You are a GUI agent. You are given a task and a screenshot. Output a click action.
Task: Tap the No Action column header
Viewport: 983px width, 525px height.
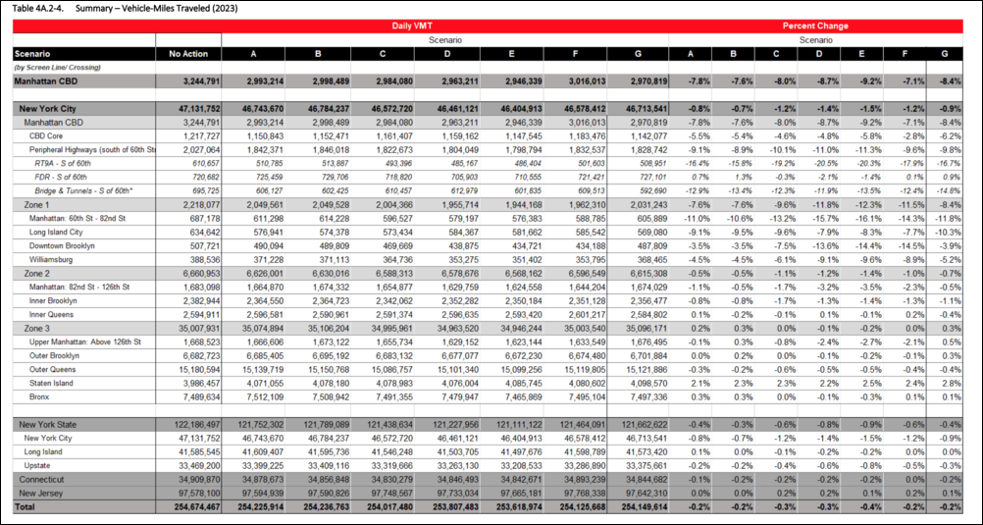tap(187, 53)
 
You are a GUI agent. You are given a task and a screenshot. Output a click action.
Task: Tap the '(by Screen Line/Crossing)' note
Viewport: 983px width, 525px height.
tap(57, 67)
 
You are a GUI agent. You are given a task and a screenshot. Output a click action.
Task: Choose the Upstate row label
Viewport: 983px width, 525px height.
tap(40, 465)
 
